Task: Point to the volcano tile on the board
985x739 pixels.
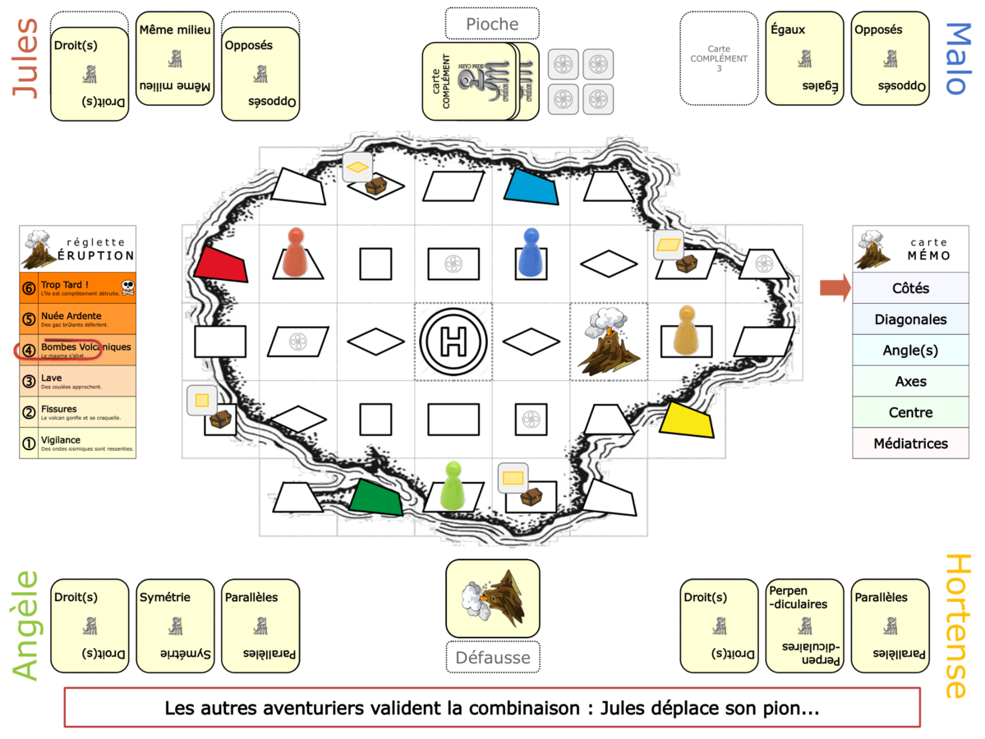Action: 608,342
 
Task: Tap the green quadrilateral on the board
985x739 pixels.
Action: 376,497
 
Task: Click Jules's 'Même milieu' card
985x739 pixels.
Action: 175,58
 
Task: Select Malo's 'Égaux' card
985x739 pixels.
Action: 804,58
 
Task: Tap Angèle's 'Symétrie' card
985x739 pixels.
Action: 175,626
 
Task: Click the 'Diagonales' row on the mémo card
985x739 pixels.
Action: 910,319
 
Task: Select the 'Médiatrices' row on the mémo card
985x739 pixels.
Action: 910,443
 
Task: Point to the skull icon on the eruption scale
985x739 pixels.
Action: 127,287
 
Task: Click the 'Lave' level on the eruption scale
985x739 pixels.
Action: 77,382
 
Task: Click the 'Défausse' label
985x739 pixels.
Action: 492,656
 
